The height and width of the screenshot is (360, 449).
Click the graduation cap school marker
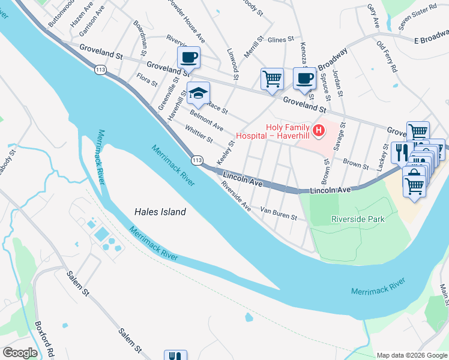[x=198, y=94]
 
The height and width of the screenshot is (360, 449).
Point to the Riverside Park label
[x=358, y=220]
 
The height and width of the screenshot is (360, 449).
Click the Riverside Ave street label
[x=236, y=196]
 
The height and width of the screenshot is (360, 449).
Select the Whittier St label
[x=199, y=135]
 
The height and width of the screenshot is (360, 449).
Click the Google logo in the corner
[x=20, y=353]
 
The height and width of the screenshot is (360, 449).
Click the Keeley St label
[x=225, y=154]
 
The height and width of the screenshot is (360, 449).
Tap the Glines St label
[x=280, y=39]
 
